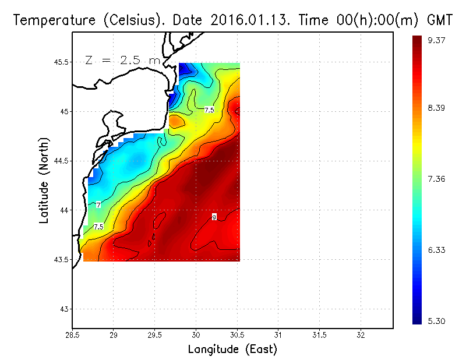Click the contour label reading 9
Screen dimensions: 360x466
click(214, 217)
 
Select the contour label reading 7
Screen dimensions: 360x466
click(98, 205)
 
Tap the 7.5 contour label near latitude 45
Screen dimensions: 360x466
click(209, 110)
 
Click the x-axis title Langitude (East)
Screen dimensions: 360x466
click(232, 349)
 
